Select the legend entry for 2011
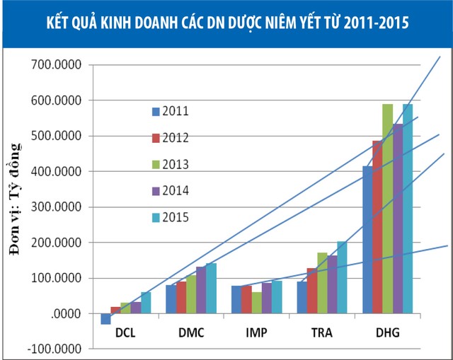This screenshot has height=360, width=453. (170, 111)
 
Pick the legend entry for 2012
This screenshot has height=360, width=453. (170, 137)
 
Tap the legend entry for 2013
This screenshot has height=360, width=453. (170, 163)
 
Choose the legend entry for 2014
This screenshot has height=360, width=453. (170, 190)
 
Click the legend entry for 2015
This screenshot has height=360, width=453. (170, 216)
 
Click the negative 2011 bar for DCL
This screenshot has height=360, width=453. (106, 319)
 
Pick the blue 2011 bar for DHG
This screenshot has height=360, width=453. (367, 240)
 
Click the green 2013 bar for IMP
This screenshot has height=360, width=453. (256, 303)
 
